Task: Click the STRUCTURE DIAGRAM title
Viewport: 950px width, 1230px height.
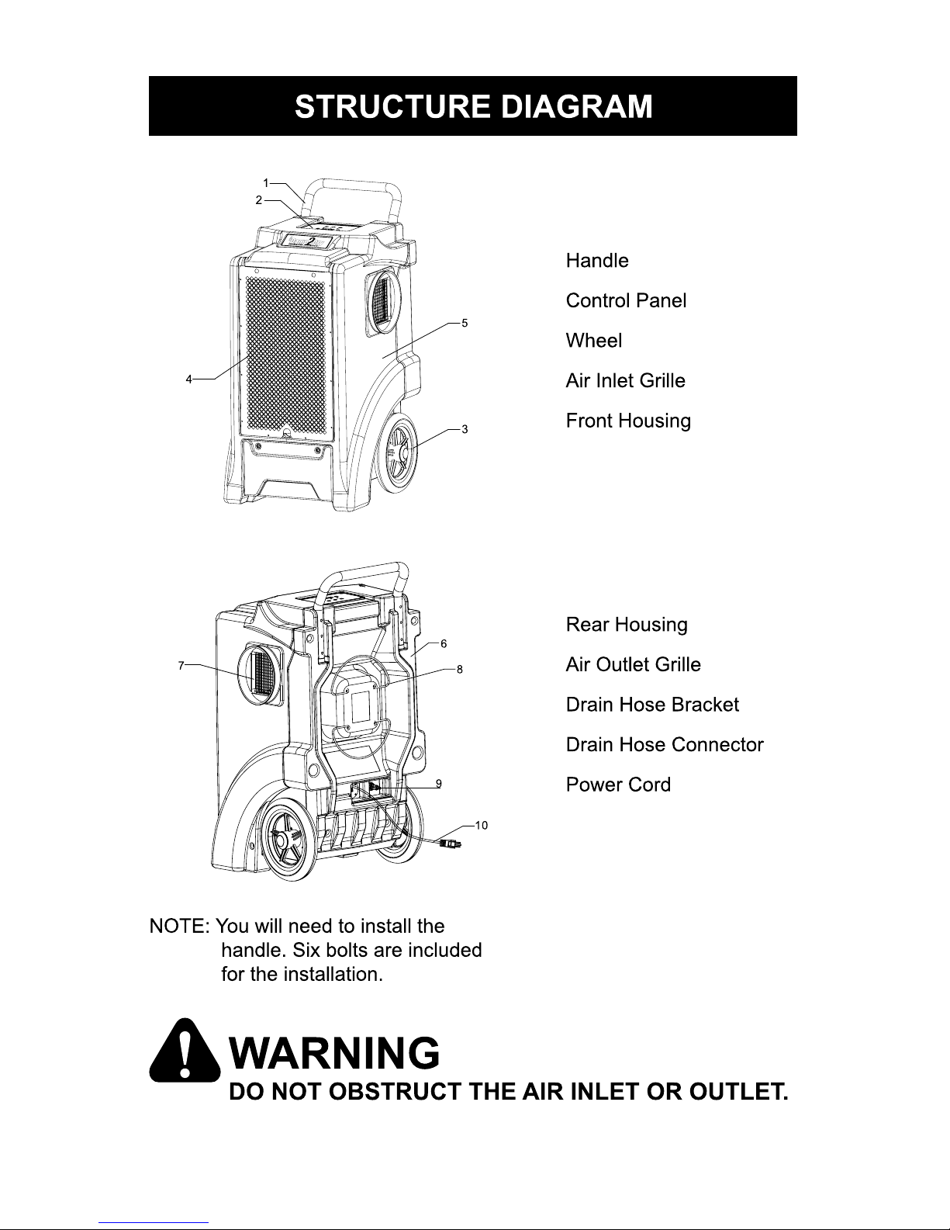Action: (x=473, y=106)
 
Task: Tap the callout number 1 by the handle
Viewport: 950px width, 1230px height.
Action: (x=265, y=183)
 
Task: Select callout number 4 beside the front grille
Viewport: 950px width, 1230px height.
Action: (x=188, y=379)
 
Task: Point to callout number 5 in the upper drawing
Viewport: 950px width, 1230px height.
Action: (x=464, y=322)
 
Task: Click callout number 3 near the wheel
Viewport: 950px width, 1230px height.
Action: (x=464, y=428)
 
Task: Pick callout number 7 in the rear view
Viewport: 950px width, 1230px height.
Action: (x=181, y=665)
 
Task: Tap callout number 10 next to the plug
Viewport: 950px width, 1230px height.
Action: (x=481, y=825)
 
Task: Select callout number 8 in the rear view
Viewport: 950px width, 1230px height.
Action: (x=459, y=669)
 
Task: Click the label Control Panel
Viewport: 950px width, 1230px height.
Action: (x=626, y=300)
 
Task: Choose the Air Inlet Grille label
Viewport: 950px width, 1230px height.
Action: (x=625, y=381)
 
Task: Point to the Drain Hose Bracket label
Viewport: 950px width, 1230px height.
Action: (x=652, y=705)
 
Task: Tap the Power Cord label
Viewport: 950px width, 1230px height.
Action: (x=618, y=785)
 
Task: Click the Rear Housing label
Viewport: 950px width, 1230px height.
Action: (x=627, y=625)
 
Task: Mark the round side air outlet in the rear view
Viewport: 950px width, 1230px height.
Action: (x=260, y=674)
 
